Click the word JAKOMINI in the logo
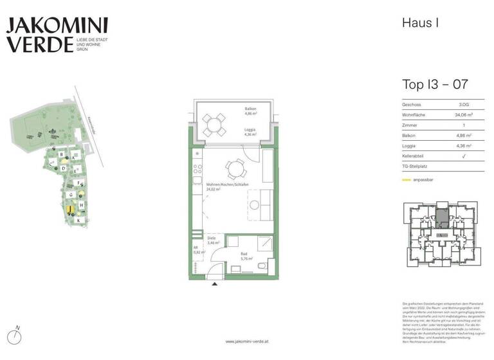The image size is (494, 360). pyautogui.click(x=57, y=26)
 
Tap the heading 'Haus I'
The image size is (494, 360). pyautogui.click(x=420, y=23)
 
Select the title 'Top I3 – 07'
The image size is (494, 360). pyautogui.click(x=434, y=84)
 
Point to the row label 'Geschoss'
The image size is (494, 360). pyautogui.click(x=412, y=104)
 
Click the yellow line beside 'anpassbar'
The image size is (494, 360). pyautogui.click(x=407, y=181)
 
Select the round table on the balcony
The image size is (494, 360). pyautogui.click(x=213, y=123)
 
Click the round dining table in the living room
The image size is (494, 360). pyautogui.click(x=235, y=170)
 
